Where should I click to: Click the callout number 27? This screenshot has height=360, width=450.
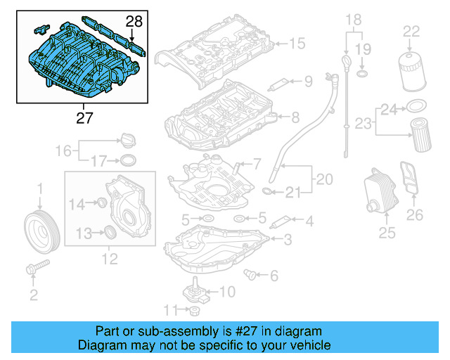pos(84,118)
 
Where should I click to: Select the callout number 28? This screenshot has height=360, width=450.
pos(134,22)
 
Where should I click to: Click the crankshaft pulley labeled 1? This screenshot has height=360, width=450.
pos(41,229)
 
